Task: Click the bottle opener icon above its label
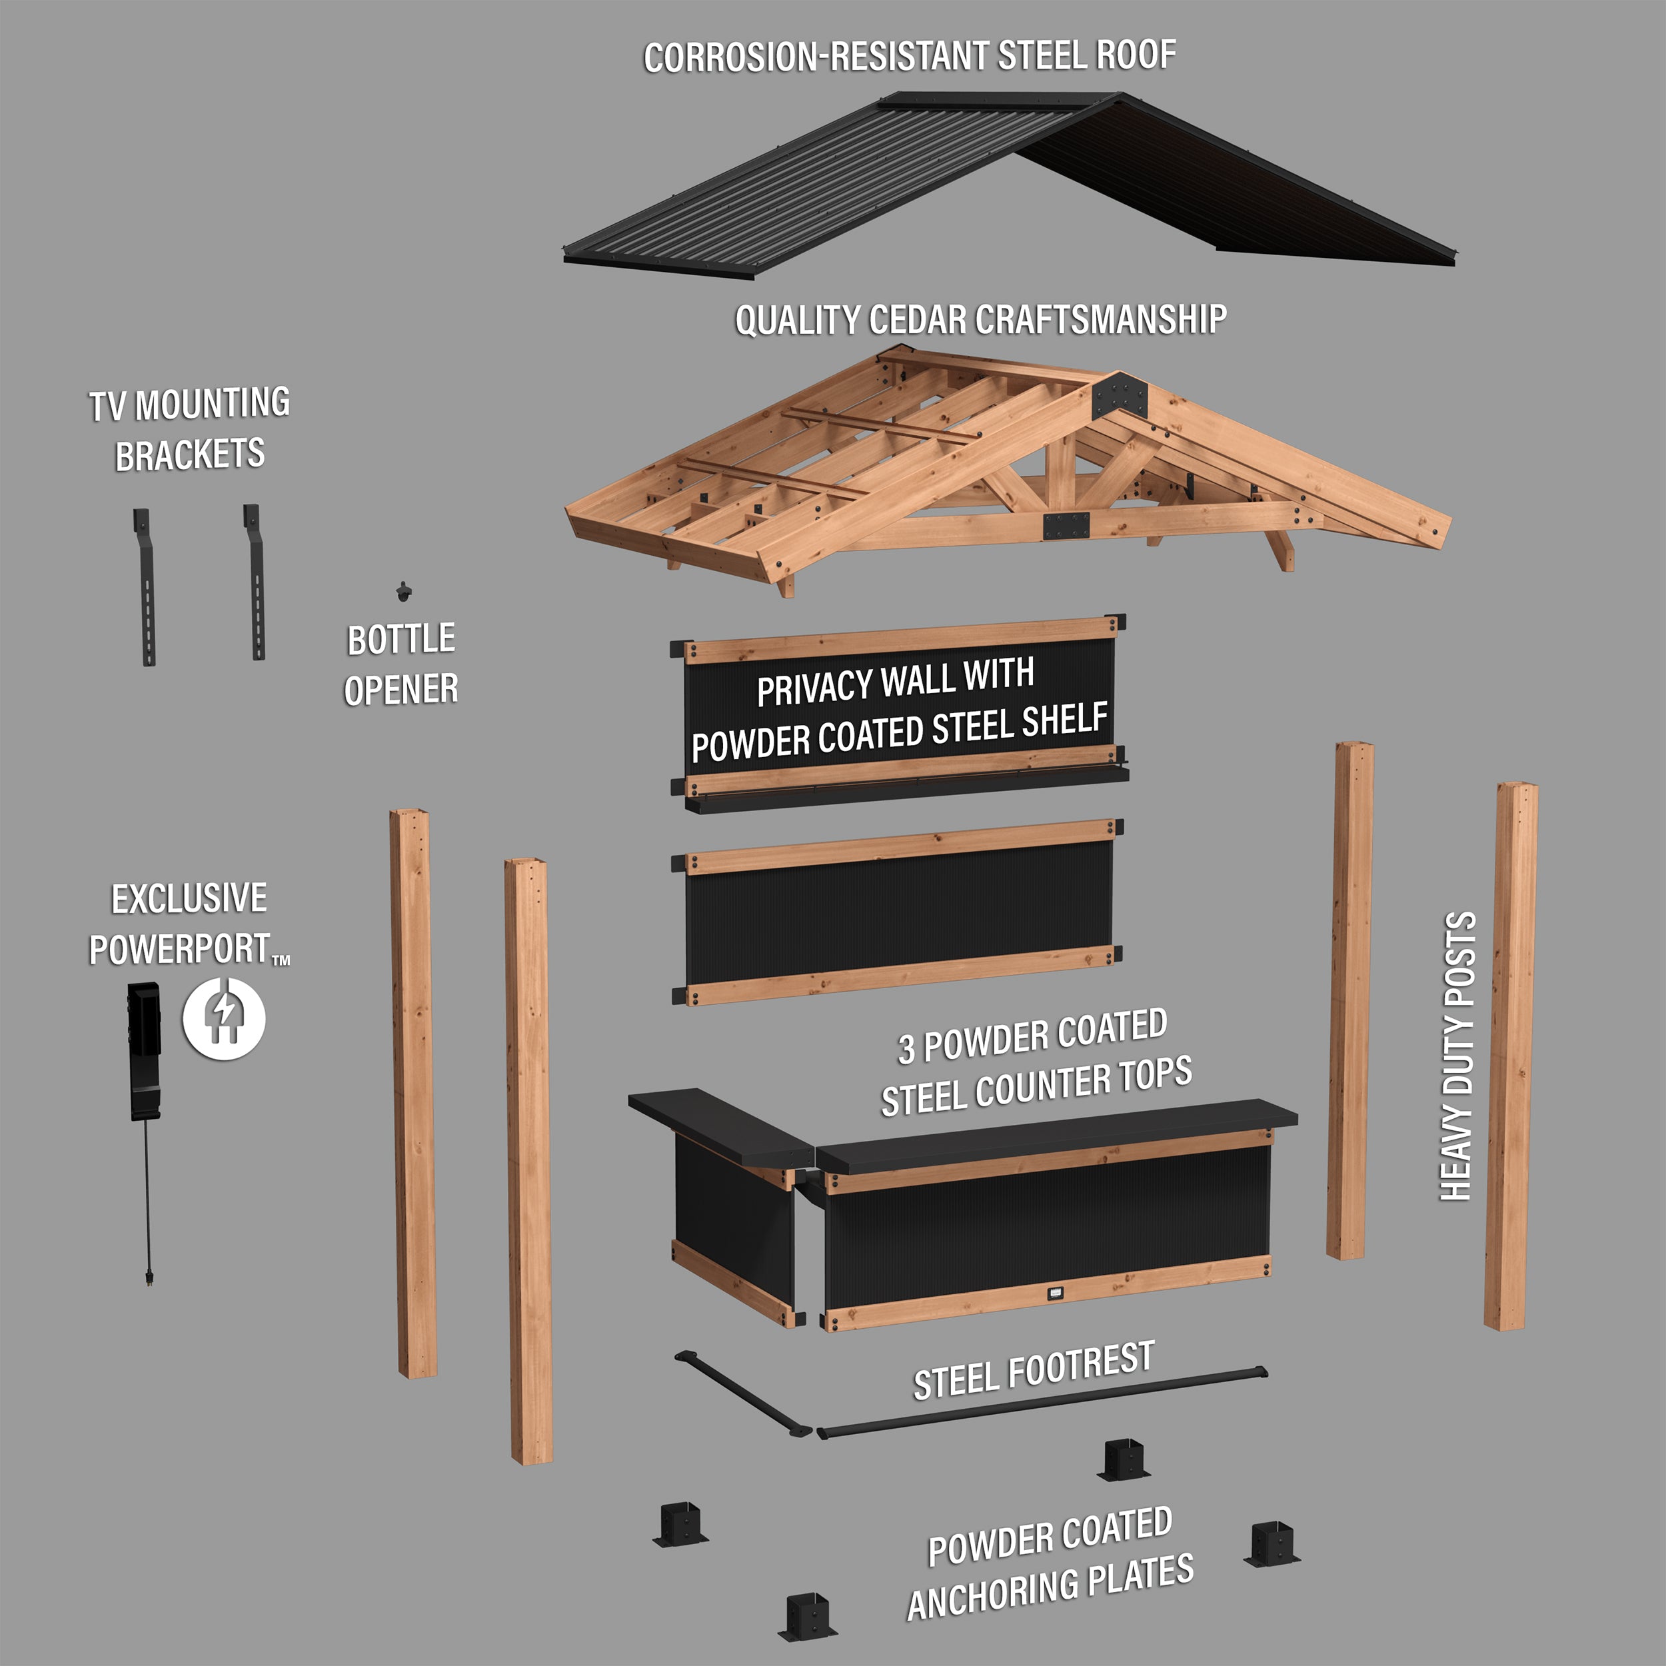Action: click(403, 592)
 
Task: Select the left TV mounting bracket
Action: click(144, 586)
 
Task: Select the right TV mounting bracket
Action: click(255, 582)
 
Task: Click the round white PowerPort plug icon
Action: click(223, 1018)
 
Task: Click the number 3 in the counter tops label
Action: click(906, 1048)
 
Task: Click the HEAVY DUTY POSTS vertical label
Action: click(1458, 1056)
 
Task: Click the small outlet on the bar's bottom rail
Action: click(1056, 1293)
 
